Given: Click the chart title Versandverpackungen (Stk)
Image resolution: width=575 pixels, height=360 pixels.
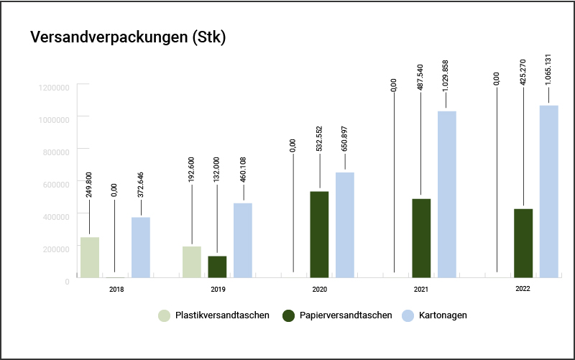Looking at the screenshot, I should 128,37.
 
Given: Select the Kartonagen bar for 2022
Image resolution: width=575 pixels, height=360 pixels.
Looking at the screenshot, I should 549,191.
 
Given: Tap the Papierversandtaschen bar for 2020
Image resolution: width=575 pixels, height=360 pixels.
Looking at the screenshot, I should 319,234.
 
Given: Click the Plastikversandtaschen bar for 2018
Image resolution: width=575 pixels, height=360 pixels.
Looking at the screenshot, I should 90,257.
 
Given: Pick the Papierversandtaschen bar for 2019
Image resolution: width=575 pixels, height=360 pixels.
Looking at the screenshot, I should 217,267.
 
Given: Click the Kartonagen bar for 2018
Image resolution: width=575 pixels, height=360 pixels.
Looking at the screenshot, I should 141,247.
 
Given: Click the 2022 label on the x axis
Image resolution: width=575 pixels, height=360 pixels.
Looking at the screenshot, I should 523,288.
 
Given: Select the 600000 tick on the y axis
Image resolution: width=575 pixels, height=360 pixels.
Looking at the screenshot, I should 56,183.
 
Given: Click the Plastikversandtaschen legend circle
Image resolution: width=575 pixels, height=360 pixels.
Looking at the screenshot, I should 165,315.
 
